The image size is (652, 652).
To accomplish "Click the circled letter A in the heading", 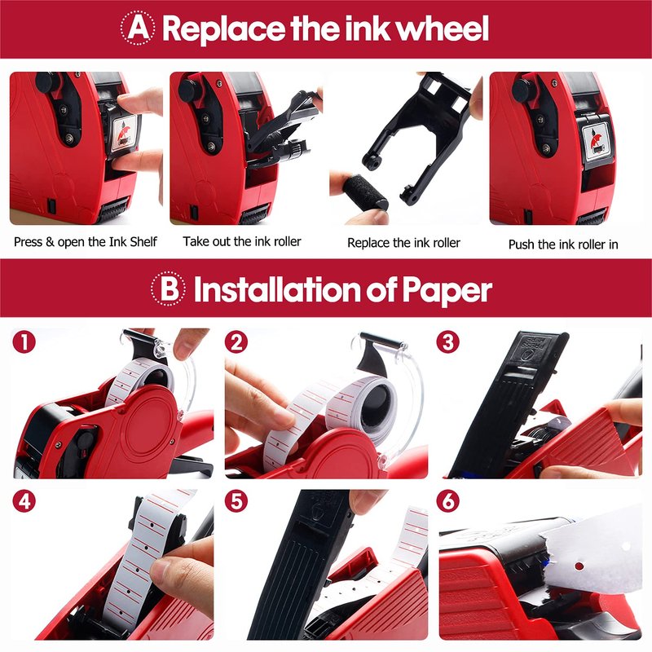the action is [x=138, y=28].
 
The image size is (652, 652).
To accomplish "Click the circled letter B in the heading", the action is [x=168, y=289].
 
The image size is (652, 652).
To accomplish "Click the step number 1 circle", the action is [x=24, y=341].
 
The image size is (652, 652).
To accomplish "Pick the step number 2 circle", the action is [x=236, y=341].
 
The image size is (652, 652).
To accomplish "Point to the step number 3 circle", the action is [x=447, y=341].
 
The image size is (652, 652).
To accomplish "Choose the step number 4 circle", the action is [x=24, y=501].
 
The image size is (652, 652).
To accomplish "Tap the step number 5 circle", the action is [x=236, y=501].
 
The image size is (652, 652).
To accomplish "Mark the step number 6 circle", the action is [x=447, y=501].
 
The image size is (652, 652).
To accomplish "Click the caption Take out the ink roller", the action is [x=242, y=241].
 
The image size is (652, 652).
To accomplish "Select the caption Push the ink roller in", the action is [x=563, y=244].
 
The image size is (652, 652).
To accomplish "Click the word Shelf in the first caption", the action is [x=143, y=241].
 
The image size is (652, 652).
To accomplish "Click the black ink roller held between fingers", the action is [x=365, y=192].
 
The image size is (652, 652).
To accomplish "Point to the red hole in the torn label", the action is [x=579, y=566].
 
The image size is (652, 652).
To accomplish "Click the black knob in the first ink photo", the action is [x=46, y=81].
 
